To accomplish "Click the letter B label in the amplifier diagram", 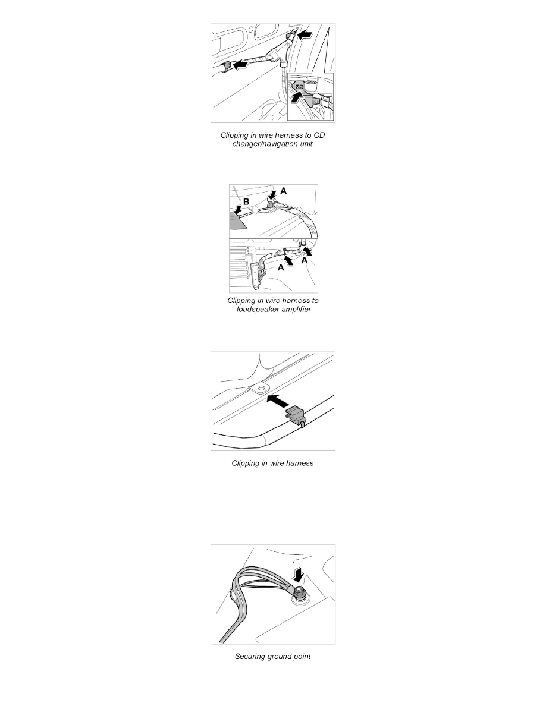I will coord(246,202).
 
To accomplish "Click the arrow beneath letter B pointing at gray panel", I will coord(238,210).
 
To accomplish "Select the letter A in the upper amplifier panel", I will coord(283,191).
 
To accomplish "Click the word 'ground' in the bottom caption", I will coord(281,657).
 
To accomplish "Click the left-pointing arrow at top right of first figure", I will coord(305,36).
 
